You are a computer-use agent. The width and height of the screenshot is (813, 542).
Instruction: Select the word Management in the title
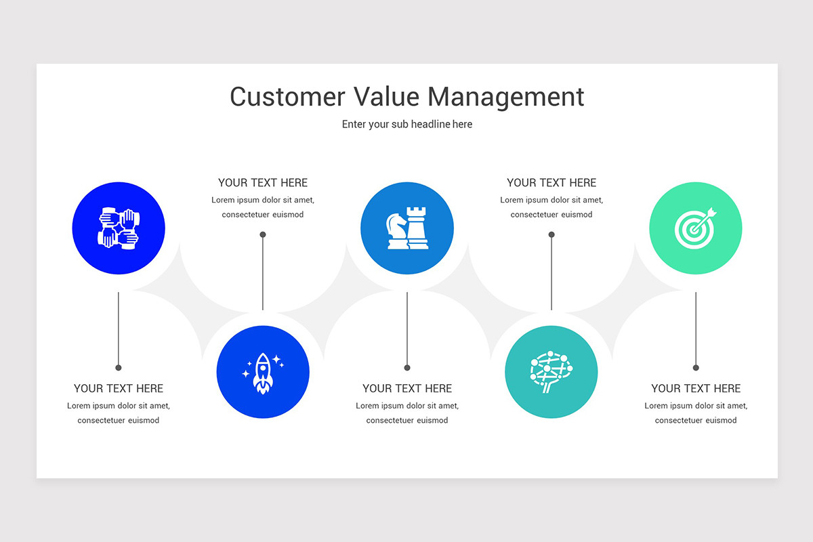click(505, 97)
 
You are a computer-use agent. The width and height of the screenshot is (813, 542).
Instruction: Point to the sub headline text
click(406, 125)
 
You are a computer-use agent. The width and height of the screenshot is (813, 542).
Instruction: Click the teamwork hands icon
click(119, 228)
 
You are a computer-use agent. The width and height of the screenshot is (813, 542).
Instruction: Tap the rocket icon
click(263, 372)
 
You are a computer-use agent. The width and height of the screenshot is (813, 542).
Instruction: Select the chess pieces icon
click(407, 228)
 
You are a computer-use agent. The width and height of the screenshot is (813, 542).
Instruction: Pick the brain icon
click(551, 372)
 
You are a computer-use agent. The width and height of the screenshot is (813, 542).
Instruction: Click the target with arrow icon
click(695, 228)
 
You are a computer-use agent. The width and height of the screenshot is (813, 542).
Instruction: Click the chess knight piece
click(396, 230)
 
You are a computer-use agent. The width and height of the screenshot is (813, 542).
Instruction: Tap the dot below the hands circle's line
click(119, 368)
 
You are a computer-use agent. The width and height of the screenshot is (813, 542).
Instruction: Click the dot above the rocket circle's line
click(263, 235)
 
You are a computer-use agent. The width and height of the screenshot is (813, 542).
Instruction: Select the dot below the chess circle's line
click(407, 368)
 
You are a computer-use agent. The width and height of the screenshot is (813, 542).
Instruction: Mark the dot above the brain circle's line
click(551, 235)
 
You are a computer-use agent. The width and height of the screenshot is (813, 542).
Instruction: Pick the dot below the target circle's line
click(696, 368)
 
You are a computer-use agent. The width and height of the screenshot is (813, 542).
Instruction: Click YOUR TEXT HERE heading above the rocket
click(263, 183)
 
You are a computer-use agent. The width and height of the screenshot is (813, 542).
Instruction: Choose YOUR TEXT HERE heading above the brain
click(551, 183)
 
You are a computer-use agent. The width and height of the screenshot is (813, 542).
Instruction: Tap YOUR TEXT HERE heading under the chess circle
click(407, 389)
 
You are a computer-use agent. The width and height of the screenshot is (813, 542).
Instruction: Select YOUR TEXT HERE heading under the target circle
click(696, 389)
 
